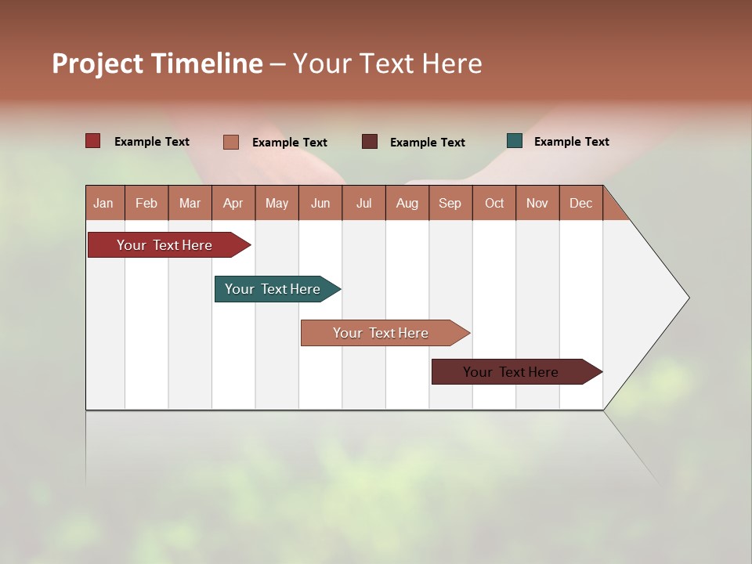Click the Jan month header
(103, 204)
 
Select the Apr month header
(233, 204)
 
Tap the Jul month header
(363, 204)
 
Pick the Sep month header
(450, 204)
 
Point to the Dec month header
(580, 204)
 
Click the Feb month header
(146, 204)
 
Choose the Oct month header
(494, 204)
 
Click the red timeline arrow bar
(165, 245)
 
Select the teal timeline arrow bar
(273, 289)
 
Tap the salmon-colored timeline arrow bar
(381, 333)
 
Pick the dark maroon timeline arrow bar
(512, 372)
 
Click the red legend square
(93, 141)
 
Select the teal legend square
(515, 141)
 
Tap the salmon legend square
(231, 142)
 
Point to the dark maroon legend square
(370, 142)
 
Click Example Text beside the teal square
(571, 142)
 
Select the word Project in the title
(98, 63)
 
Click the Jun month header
(320, 204)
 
